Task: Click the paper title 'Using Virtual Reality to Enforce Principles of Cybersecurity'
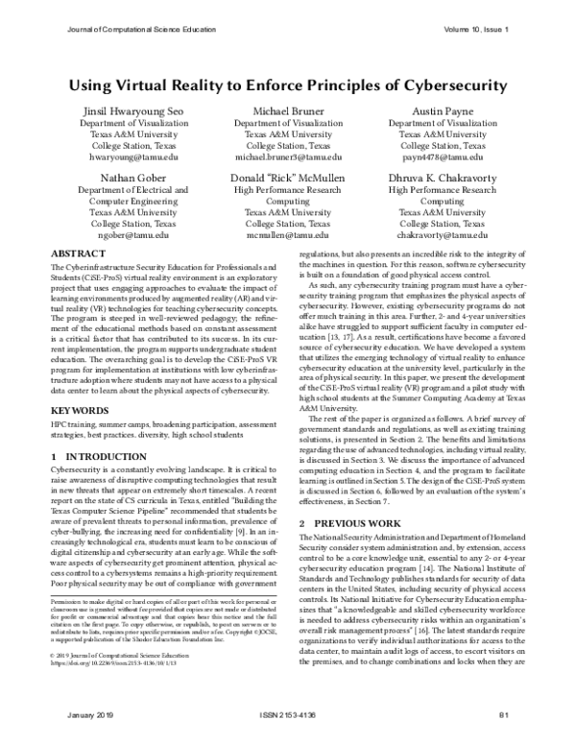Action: point(287,84)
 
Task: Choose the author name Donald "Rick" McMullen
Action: point(287,178)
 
